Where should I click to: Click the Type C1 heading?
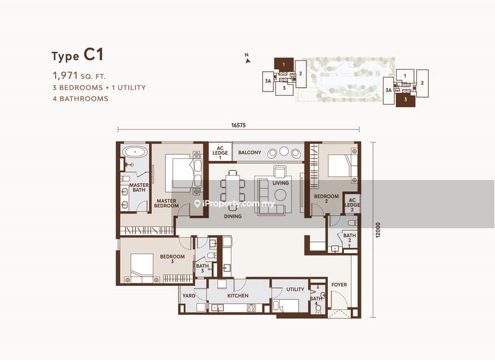tap(77, 55)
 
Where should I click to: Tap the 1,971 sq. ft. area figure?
tap(79, 75)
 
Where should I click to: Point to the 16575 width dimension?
tap(238, 126)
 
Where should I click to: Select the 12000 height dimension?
tap(378, 230)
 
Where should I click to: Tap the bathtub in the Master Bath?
tap(135, 152)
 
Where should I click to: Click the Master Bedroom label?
tap(166, 203)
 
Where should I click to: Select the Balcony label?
tap(249, 152)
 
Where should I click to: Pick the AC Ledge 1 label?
tap(220, 153)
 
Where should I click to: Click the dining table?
tap(233, 189)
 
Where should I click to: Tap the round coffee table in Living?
tap(280, 195)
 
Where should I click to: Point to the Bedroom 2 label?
tap(326, 199)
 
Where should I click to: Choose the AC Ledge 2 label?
tap(352, 205)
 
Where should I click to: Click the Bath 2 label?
tap(350, 238)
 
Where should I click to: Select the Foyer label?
tap(339, 285)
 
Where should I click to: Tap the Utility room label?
tap(295, 289)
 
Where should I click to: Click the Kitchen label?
tap(238, 296)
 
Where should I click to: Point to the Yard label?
tap(189, 296)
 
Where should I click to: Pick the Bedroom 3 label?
tap(172, 259)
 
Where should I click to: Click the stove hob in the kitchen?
tap(252, 307)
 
